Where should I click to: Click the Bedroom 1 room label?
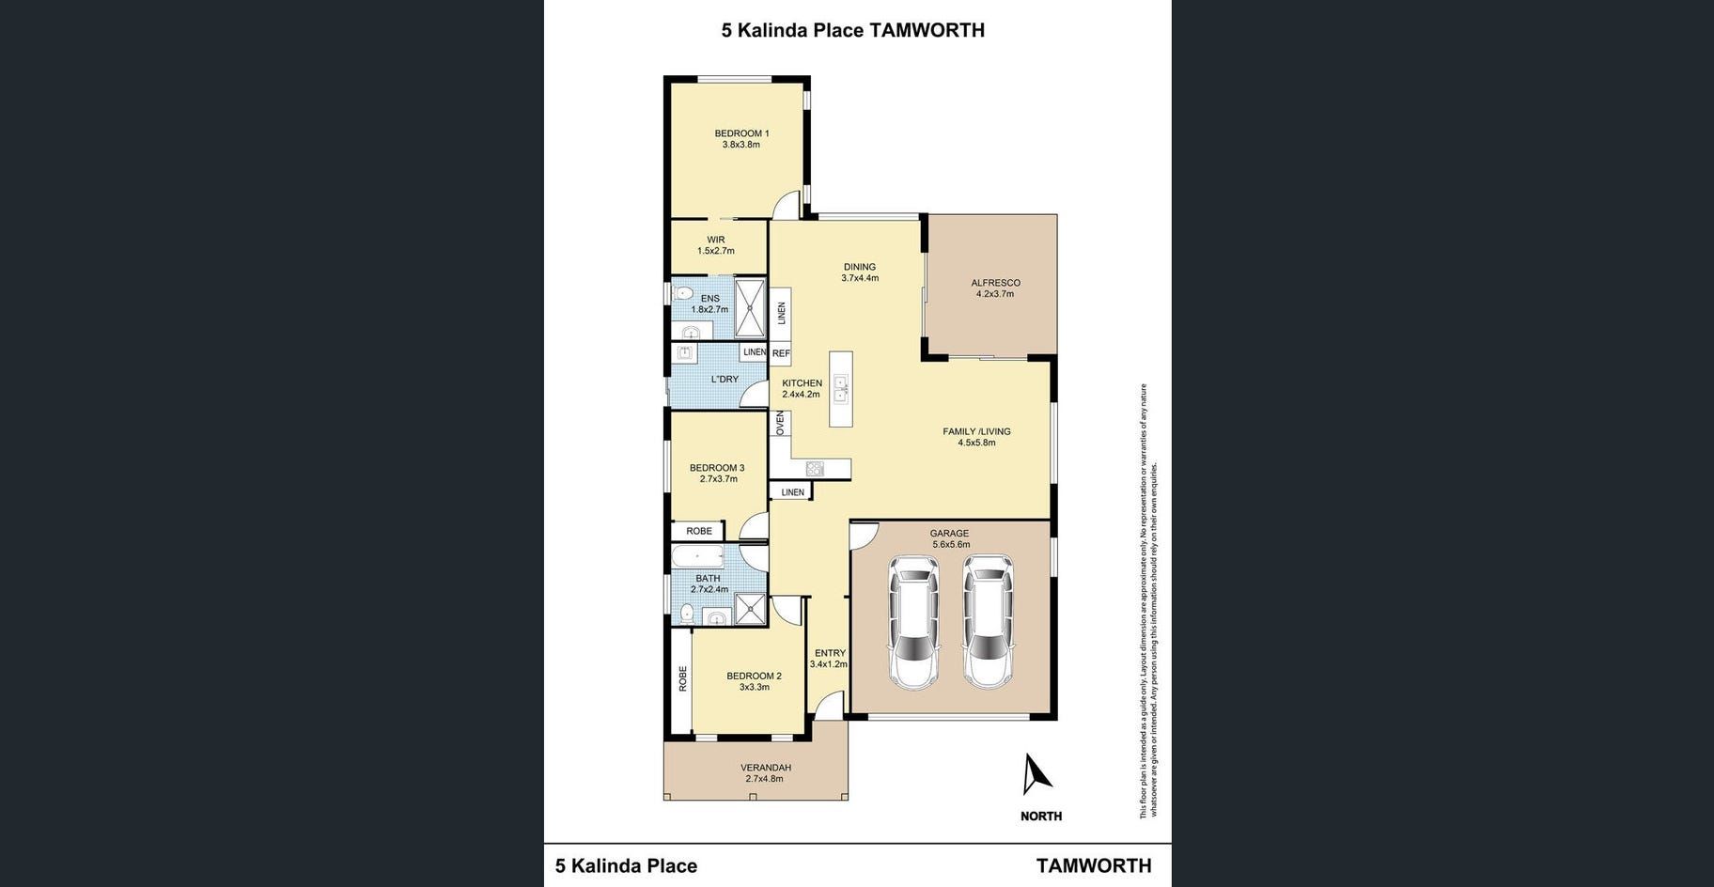tap(741, 133)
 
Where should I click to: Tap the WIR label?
tap(716, 240)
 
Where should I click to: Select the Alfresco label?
tap(995, 283)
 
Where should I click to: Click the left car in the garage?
tap(914, 622)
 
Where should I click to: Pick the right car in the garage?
tap(988, 622)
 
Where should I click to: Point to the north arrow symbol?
tap(1036, 774)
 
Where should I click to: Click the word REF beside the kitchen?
tap(781, 354)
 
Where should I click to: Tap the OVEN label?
tap(780, 424)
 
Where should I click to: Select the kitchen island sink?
tap(841, 388)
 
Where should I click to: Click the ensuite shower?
tap(750, 307)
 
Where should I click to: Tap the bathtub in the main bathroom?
tap(697, 556)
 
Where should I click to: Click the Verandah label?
tap(766, 768)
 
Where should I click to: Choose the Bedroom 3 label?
tap(717, 468)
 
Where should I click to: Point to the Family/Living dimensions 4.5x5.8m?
tap(976, 443)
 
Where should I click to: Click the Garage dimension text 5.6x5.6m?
tap(951, 544)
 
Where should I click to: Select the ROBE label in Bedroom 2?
tap(683, 679)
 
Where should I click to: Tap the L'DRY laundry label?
tap(725, 380)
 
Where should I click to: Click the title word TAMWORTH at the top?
tap(927, 30)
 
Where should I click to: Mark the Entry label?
tap(830, 653)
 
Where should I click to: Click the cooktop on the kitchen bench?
tap(815, 469)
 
